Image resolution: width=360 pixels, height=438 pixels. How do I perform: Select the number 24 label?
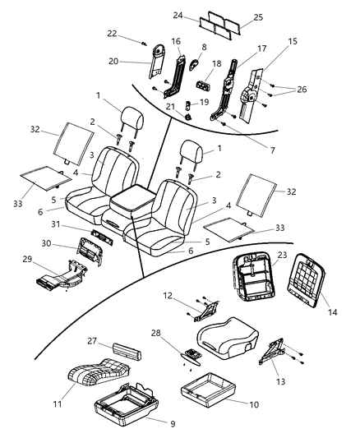click(180, 15)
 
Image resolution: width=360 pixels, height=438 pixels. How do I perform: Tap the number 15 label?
click(270, 40)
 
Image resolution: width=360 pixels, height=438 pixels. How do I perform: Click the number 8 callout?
click(203, 48)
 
